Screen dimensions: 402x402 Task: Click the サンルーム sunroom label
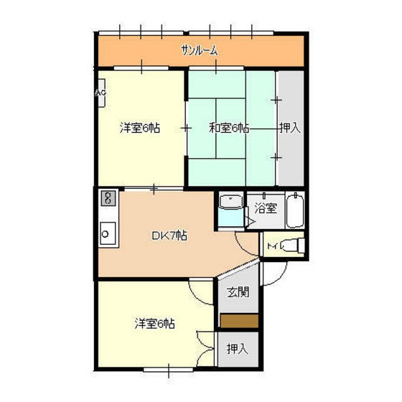tap(200, 50)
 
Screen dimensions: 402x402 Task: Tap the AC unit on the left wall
tap(100, 93)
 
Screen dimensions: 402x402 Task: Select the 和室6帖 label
tap(229, 128)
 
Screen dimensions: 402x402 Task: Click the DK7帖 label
tap(169, 235)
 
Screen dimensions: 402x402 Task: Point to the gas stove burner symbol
tap(108, 198)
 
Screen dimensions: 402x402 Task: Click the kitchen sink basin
tap(108, 234)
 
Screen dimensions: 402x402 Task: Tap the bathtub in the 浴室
tap(295, 211)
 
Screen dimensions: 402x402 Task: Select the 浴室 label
tap(266, 208)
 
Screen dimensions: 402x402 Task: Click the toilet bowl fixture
tap(293, 245)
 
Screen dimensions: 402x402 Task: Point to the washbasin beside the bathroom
tap(231, 201)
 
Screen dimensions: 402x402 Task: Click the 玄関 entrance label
tap(238, 292)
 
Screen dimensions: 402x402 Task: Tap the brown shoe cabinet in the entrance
tap(239, 321)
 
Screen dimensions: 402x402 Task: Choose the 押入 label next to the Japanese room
tap(290, 128)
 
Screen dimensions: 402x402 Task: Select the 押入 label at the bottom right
tap(238, 349)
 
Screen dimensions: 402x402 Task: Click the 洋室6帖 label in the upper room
tap(140, 128)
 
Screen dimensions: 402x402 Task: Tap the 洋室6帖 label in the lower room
tap(155, 324)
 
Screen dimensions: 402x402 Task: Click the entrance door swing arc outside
tap(281, 278)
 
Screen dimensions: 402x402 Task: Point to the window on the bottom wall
tap(168, 370)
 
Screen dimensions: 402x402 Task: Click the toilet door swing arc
tap(242, 247)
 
